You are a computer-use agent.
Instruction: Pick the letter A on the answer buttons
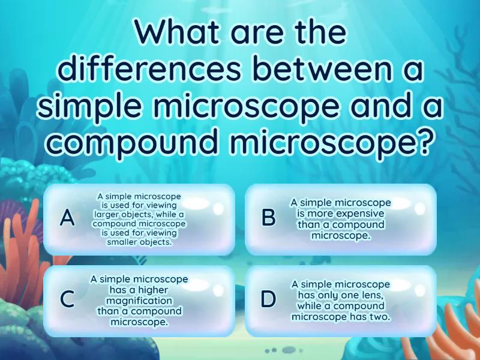tap(68, 218)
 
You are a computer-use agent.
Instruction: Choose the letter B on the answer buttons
tap(268, 218)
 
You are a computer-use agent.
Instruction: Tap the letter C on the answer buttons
tap(68, 299)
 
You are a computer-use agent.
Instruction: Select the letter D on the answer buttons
tap(268, 299)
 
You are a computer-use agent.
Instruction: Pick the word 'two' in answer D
tap(381, 316)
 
